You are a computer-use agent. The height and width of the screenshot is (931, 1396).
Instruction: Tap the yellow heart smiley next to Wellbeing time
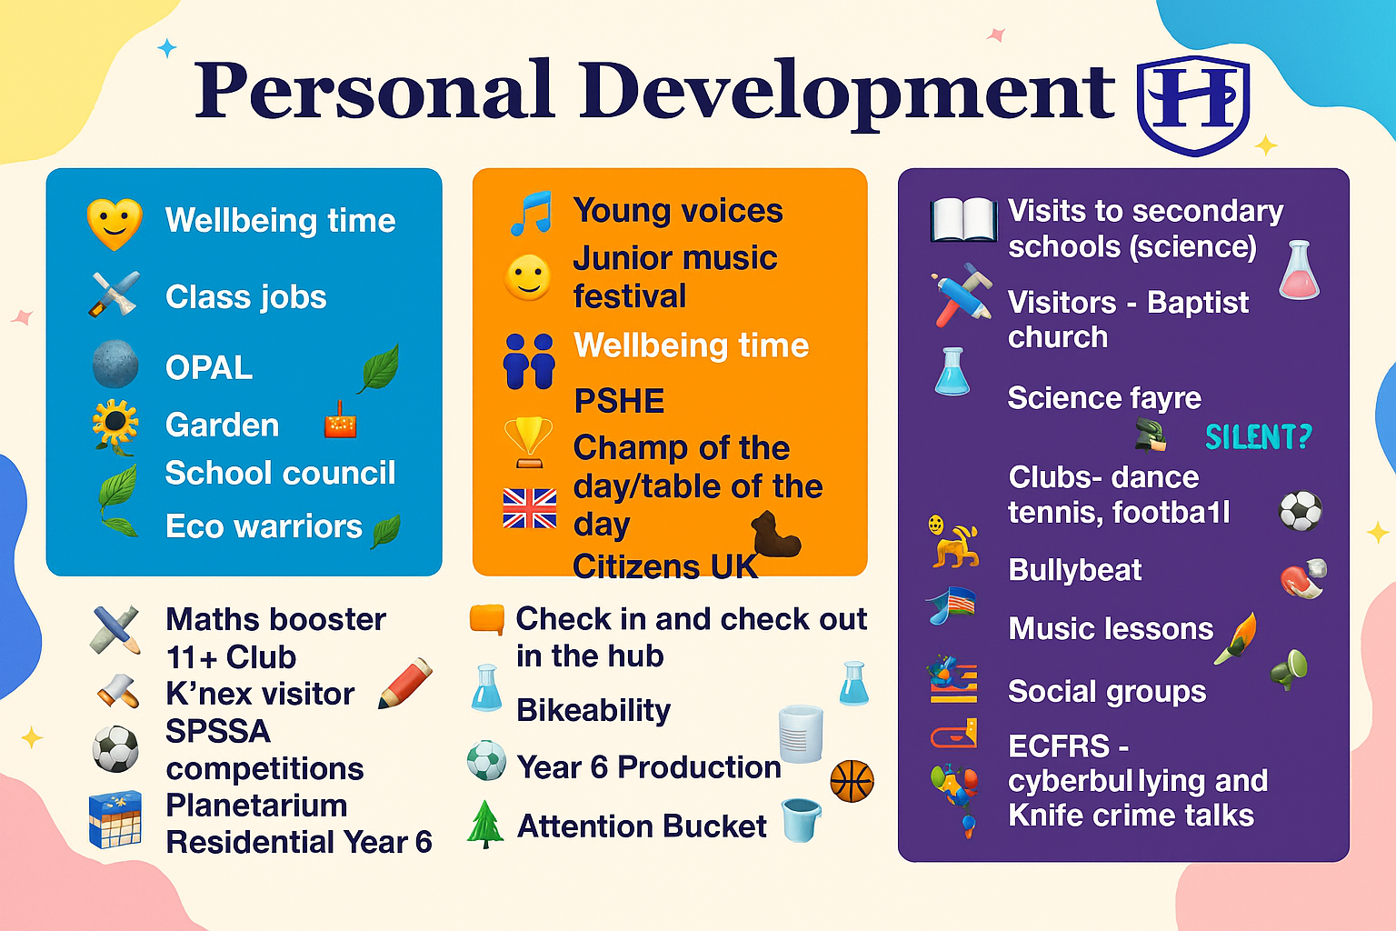click(115, 224)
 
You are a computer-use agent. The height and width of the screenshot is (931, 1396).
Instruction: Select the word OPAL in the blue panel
click(209, 368)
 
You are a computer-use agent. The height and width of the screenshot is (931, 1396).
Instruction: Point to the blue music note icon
click(531, 213)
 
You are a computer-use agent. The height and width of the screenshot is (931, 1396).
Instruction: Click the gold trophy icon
click(528, 442)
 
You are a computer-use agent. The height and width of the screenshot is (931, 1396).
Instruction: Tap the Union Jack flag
click(529, 508)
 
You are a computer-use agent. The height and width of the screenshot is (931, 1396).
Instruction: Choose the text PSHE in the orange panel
click(619, 400)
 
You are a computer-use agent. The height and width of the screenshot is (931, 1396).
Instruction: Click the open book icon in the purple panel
click(962, 219)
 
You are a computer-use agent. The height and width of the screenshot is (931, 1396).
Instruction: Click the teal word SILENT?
click(1259, 436)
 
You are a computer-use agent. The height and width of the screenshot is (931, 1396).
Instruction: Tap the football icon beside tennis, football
click(1300, 511)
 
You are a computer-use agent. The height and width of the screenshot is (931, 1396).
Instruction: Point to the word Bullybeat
click(1074, 570)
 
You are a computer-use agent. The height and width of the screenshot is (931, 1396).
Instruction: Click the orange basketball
click(852, 781)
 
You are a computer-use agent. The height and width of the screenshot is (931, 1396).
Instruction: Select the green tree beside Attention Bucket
click(484, 824)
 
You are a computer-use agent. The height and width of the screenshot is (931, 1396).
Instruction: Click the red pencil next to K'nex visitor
click(405, 684)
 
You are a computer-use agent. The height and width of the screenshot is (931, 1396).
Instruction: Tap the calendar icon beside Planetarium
click(115, 819)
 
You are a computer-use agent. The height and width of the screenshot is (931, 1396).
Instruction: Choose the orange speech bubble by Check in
click(487, 619)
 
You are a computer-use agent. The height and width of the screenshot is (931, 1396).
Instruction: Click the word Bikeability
click(593, 710)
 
